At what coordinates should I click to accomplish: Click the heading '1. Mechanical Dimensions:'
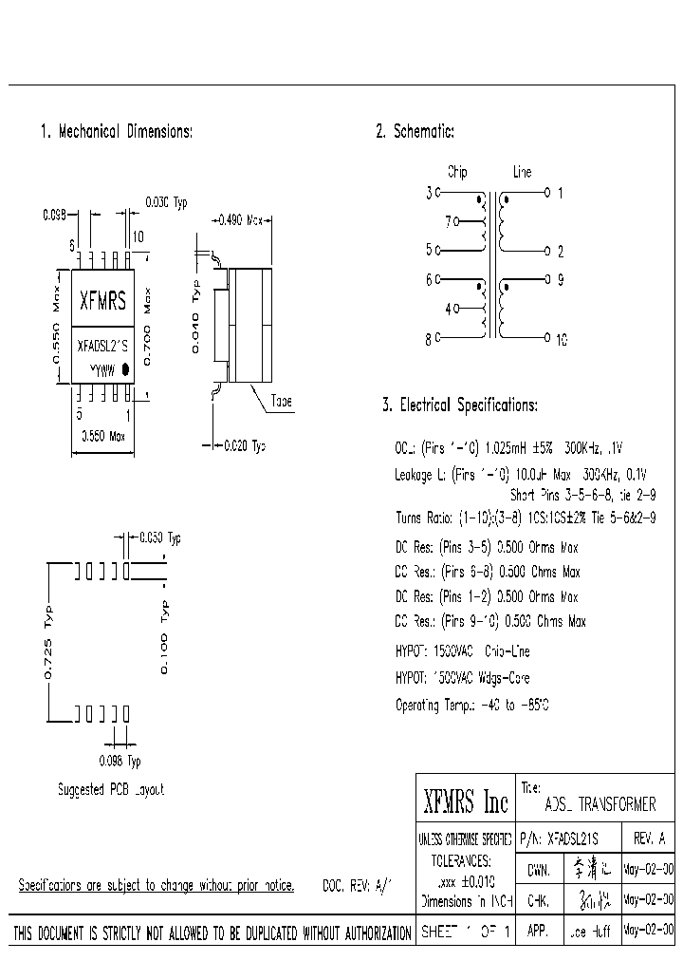[116, 132]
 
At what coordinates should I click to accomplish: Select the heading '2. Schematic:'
[415, 132]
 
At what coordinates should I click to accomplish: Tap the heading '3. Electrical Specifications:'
[459, 405]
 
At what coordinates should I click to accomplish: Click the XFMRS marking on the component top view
[102, 303]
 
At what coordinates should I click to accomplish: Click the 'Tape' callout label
[282, 402]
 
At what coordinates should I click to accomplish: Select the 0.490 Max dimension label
[241, 220]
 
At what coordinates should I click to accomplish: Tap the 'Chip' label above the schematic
[457, 173]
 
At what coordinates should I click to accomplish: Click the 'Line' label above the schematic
[523, 173]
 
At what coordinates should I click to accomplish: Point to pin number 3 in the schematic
[429, 193]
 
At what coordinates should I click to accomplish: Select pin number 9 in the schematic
[561, 280]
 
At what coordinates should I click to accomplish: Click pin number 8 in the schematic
[429, 337]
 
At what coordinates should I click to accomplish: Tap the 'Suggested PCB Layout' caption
[111, 789]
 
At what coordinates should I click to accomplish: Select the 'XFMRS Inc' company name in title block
[465, 804]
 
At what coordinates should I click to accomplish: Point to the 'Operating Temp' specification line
[471, 705]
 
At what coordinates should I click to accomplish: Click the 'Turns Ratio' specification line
[525, 518]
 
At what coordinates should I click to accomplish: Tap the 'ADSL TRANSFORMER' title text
[600, 804]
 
